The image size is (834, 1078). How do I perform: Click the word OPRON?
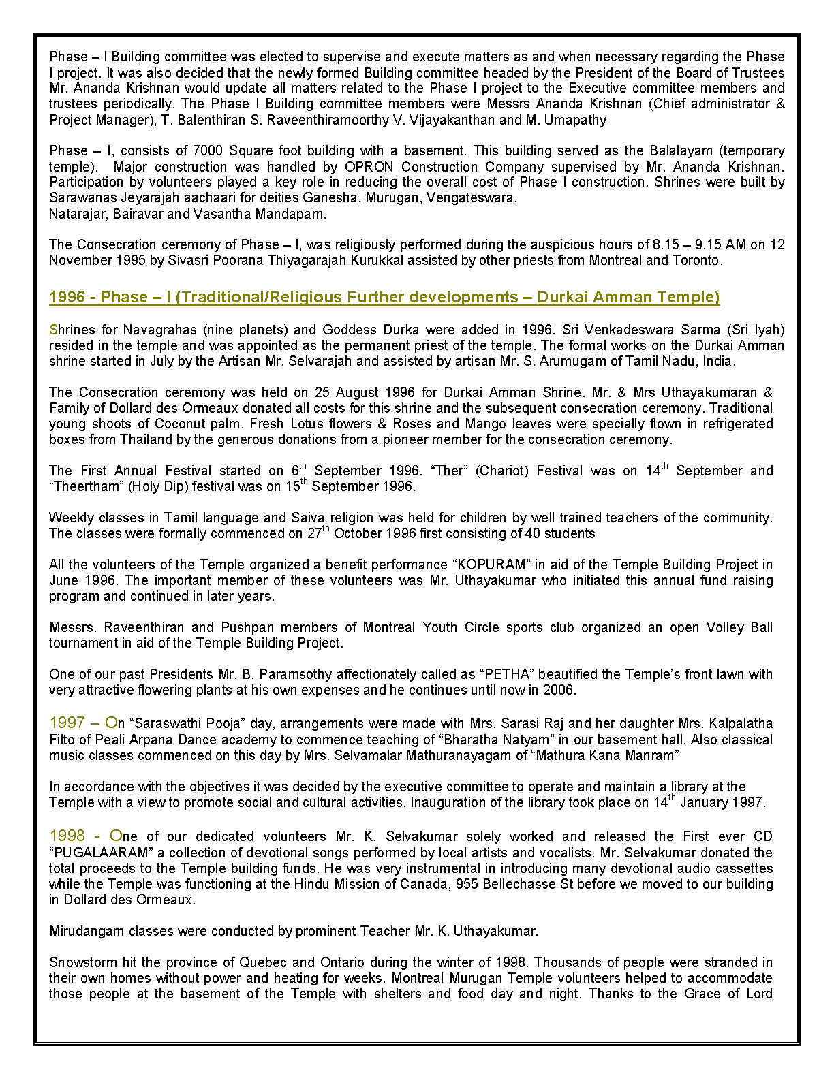coord(369,167)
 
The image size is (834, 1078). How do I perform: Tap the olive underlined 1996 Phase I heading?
coord(384,297)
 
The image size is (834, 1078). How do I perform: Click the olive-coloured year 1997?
coord(67,723)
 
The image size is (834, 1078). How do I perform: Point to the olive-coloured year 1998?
coord(67,836)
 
